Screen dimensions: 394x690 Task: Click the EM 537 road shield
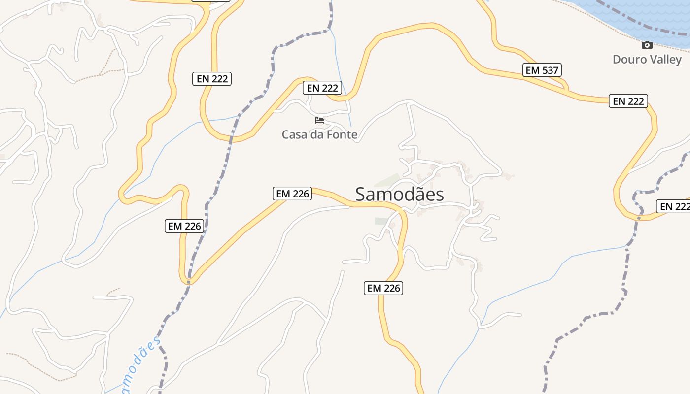tap(542, 70)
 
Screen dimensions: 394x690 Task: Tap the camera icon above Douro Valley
tap(647, 45)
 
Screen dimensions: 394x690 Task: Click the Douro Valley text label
tap(647, 60)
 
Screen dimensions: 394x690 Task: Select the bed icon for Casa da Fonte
tap(319, 120)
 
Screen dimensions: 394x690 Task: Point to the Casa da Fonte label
tap(319, 134)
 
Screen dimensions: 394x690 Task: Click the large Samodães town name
tap(399, 194)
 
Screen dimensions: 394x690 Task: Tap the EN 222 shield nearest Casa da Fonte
tap(322, 88)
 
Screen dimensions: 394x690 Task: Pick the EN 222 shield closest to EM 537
tap(628, 101)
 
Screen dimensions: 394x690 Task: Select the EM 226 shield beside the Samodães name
tap(293, 194)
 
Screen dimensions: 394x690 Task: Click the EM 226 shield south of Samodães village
tap(383, 288)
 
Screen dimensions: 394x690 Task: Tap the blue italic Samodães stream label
tap(140, 364)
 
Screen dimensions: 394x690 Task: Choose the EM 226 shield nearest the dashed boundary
tap(184, 226)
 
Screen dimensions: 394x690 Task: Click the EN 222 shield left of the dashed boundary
tap(212, 78)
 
